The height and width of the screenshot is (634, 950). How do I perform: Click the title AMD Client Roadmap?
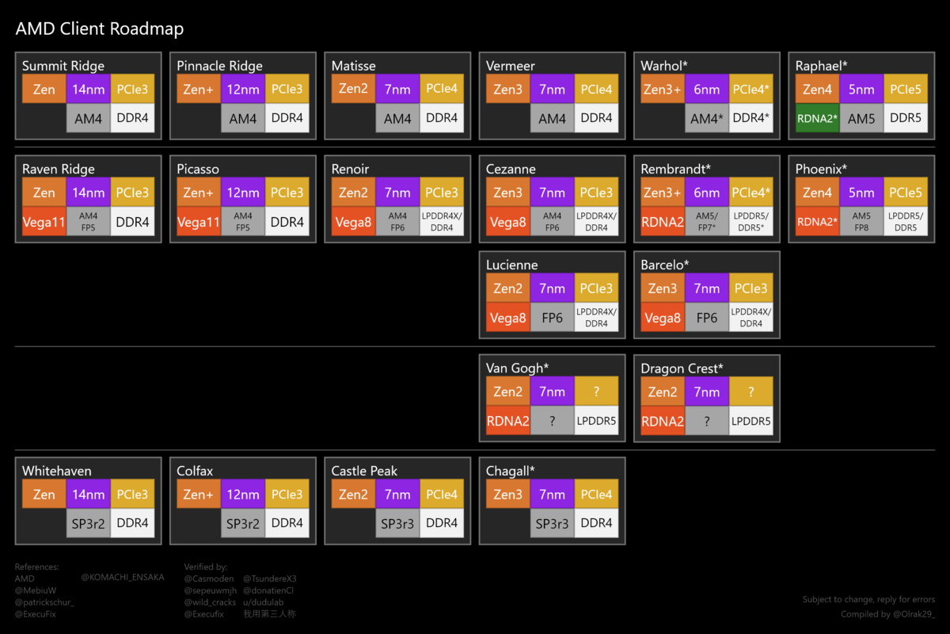pos(100,29)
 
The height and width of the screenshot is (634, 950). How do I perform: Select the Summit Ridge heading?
pos(63,66)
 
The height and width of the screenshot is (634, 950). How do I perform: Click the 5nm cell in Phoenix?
pos(861,193)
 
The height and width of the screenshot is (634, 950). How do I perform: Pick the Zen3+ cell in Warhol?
pos(663,90)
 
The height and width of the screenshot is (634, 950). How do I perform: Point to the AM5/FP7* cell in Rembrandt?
pos(707,222)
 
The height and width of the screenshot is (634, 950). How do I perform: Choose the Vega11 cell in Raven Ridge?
pos(44,222)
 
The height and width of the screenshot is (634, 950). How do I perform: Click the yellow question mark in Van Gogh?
pos(596,391)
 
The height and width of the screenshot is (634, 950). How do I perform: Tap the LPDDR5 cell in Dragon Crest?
pos(750,421)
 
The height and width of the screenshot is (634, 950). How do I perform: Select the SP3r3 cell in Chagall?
pos(553,523)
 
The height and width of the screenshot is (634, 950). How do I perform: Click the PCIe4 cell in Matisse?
pos(442,89)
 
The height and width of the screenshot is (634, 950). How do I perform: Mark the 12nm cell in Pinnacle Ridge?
pos(243,90)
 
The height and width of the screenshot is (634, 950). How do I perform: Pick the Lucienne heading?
pos(512,265)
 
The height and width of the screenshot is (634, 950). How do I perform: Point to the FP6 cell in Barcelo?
pos(707,317)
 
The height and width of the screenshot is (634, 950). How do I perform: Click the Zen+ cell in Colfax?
pos(199,495)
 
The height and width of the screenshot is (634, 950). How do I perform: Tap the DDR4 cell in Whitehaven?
pos(132,523)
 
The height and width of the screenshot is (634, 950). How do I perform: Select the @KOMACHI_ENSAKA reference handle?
pos(123,577)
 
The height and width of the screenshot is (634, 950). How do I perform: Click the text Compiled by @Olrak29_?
pos(887,614)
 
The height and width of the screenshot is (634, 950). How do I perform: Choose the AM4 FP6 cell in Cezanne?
pos(553,222)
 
